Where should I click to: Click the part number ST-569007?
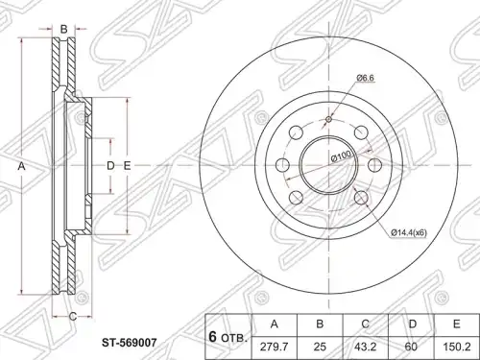(130, 343)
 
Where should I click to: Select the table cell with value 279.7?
(275, 347)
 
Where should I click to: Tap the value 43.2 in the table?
(366, 347)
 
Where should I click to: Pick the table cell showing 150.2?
(457, 347)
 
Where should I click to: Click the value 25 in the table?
(320, 347)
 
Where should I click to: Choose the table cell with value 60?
(412, 347)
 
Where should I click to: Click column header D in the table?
(412, 324)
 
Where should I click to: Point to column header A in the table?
(275, 324)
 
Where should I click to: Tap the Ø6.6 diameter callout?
(365, 78)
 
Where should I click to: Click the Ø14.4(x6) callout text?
(409, 233)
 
